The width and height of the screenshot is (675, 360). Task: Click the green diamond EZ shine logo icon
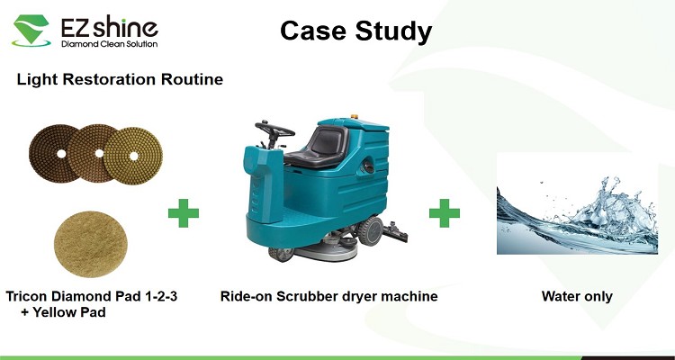point(31,30)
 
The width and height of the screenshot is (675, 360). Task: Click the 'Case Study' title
point(355,31)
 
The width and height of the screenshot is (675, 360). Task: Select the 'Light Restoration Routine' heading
point(120,79)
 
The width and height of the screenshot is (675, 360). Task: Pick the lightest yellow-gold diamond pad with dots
point(133,156)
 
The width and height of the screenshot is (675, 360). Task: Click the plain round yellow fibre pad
point(90,244)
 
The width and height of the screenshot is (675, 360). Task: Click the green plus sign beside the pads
point(184,212)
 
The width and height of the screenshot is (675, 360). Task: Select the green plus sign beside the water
point(445,212)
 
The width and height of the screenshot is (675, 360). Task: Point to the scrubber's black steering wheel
point(274,130)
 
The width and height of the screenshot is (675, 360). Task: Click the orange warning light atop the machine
point(355,116)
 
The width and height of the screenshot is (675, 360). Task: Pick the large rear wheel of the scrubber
point(371,230)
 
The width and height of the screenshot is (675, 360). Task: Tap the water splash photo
point(577,202)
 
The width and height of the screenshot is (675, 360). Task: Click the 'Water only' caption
point(577,296)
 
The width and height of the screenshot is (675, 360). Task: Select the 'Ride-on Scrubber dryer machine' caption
point(328,296)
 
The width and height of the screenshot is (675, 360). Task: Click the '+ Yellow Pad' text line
point(63,312)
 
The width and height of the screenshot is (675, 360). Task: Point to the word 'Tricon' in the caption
point(27,296)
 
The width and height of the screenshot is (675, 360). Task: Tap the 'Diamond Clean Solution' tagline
point(109,44)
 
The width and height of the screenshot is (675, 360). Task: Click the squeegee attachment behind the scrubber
point(395,231)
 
